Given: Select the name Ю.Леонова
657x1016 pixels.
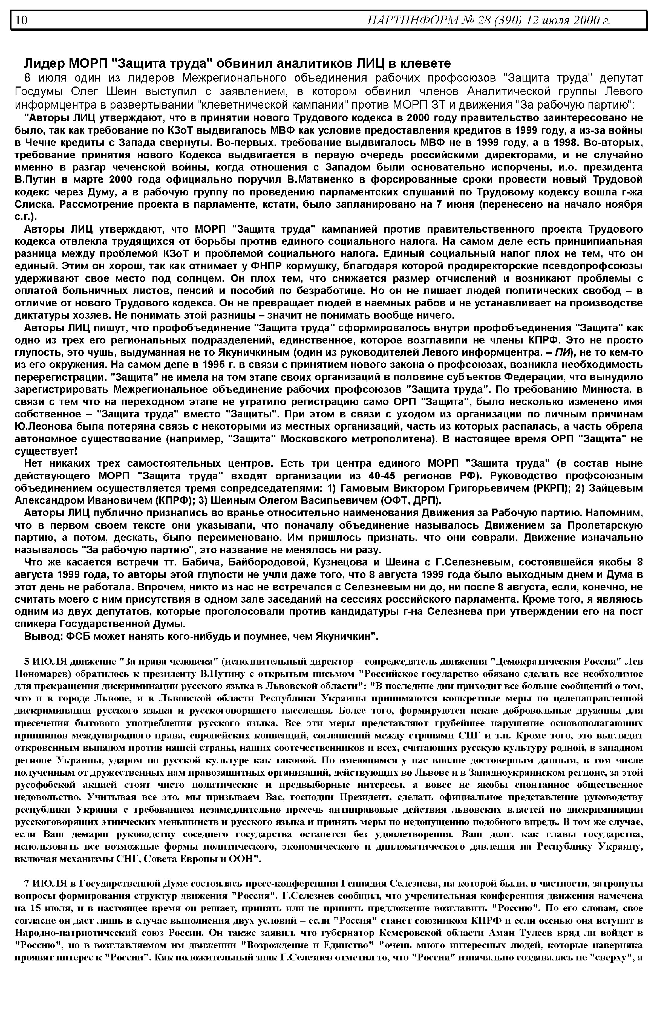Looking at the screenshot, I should click(x=43, y=426).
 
